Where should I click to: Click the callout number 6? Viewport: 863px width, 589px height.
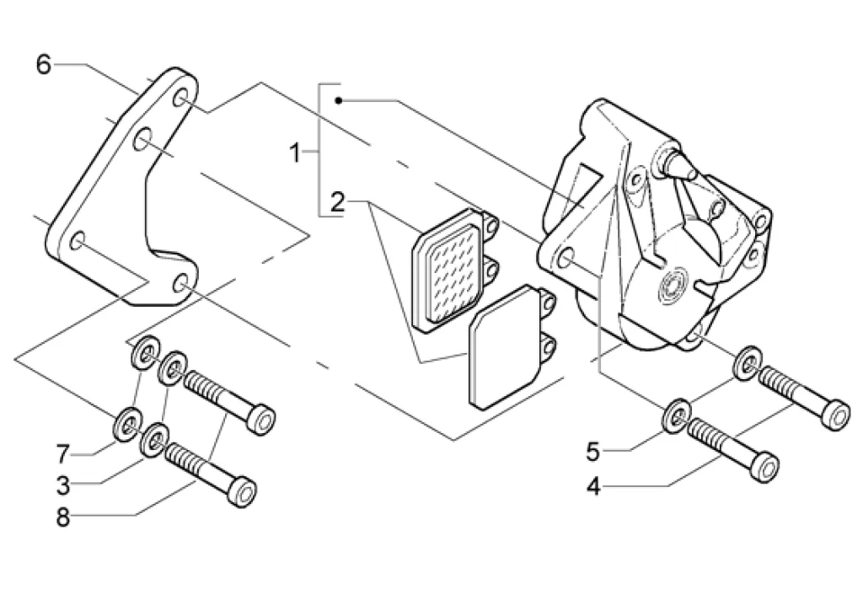click(x=43, y=64)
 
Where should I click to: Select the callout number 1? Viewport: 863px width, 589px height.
click(x=295, y=153)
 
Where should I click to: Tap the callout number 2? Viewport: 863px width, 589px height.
click(x=337, y=202)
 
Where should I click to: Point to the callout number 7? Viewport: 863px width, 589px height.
click(x=62, y=455)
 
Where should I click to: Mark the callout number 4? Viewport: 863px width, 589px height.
click(x=593, y=487)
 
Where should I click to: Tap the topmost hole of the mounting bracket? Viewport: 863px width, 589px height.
click(x=181, y=99)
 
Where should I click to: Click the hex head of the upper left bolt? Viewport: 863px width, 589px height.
click(x=263, y=418)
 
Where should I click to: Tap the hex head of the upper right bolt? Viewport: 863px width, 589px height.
click(x=834, y=413)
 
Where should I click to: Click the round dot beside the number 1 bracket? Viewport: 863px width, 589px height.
click(x=338, y=101)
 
